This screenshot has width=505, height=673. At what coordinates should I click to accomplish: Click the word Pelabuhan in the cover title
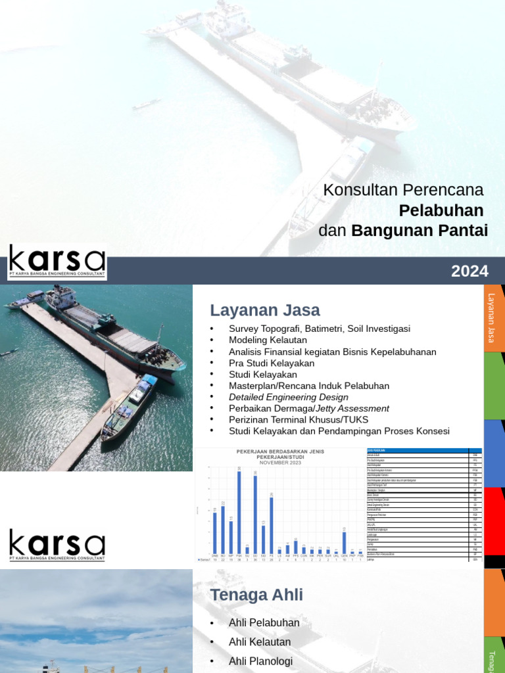tap(441, 210)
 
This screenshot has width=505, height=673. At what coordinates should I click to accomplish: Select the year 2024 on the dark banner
tap(469, 271)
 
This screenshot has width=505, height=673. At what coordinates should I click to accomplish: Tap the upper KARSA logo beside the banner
tap(57, 262)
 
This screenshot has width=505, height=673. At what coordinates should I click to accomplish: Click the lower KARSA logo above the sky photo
tap(57, 545)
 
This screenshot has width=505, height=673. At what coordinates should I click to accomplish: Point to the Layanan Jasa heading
tap(264, 310)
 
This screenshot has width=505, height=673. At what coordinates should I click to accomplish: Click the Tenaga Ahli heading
tap(256, 595)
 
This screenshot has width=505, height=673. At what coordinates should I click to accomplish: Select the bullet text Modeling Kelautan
tap(268, 340)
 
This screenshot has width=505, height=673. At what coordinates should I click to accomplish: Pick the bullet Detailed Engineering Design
tap(288, 397)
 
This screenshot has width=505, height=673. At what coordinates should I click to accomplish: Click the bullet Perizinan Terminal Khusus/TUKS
tap(299, 419)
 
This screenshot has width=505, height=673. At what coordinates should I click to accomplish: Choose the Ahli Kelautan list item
tap(259, 641)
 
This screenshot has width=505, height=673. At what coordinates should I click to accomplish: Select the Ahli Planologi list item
tap(260, 661)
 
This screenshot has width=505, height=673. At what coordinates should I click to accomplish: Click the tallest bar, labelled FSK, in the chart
tap(239, 512)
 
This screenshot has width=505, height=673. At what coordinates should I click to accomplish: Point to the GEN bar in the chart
tap(344, 542)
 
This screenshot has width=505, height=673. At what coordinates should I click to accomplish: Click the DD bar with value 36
tap(255, 514)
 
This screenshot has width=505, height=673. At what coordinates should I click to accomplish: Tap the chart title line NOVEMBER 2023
tap(280, 463)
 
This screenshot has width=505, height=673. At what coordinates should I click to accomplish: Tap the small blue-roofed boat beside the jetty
tap(130, 407)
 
